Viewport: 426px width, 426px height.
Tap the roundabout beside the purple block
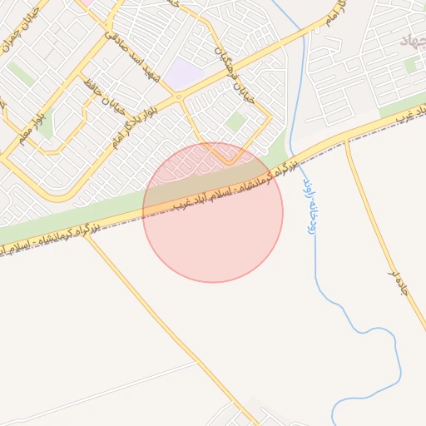[177, 99]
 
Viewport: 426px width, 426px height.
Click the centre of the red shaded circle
[213, 213]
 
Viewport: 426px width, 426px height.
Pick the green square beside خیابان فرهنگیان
[236, 122]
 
